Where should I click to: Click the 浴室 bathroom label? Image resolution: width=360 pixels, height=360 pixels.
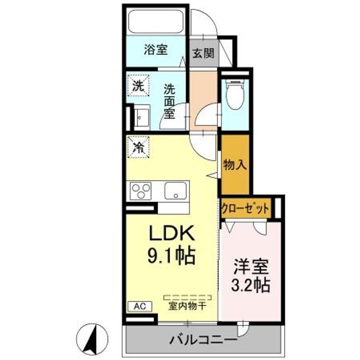(x=155, y=50)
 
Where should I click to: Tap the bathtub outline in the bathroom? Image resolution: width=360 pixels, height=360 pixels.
(x=156, y=21)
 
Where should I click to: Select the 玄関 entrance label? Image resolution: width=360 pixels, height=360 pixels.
(x=203, y=53)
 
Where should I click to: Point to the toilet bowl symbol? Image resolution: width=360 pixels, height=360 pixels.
(x=234, y=94)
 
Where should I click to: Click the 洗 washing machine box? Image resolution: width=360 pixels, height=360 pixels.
(x=138, y=85)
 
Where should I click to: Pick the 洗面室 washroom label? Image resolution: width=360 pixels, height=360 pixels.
(x=169, y=101)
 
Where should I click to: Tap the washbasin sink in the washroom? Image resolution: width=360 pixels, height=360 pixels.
(x=142, y=118)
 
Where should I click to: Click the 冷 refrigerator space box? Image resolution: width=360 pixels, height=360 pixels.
(x=138, y=147)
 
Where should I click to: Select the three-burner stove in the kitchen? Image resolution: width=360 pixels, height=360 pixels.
(x=140, y=191)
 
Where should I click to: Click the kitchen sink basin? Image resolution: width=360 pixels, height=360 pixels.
(x=175, y=191)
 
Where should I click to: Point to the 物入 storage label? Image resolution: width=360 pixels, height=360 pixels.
(x=235, y=164)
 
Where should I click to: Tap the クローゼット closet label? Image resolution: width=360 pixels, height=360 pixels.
(x=244, y=208)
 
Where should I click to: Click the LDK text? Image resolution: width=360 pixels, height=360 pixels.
(x=172, y=233)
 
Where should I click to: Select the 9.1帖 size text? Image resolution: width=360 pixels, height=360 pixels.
(x=171, y=256)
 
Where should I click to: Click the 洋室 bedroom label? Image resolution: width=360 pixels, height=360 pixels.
(x=250, y=266)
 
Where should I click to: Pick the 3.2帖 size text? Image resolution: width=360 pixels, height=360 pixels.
(x=250, y=285)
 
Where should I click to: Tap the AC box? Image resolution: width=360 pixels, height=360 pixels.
(x=140, y=306)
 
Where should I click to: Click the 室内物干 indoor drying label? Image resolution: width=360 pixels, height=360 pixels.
(x=187, y=306)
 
